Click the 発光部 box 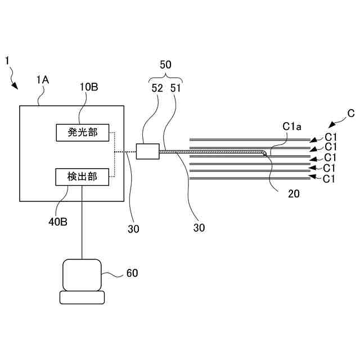83,133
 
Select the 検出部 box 82,177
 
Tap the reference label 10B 89,87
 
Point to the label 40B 58,222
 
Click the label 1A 43,80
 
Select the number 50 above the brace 165,65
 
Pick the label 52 157,88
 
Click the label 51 175,88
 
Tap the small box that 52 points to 147,151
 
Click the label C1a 292,127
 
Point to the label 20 294,194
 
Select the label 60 132,273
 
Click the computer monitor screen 82,275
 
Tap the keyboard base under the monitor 82,298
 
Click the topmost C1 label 331,137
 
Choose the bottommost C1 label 328,179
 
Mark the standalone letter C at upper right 351,114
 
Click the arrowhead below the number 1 15,86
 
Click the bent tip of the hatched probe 265,154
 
